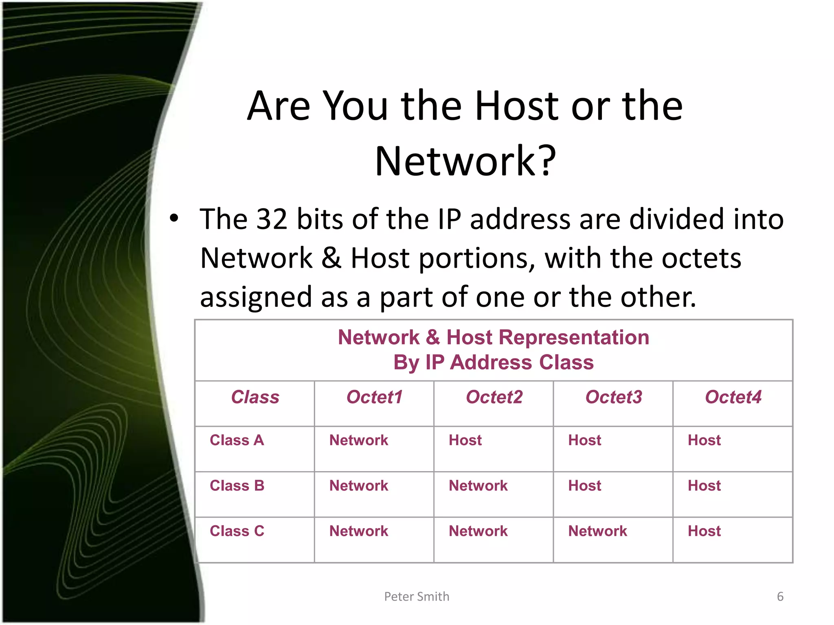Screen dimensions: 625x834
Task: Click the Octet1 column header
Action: [374, 397]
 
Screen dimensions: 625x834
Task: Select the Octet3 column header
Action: [613, 397]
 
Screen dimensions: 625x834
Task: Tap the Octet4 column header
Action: [733, 397]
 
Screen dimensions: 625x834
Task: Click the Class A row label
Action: [237, 440]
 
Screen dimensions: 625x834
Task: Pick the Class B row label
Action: [237, 486]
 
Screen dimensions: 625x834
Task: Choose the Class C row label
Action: [237, 531]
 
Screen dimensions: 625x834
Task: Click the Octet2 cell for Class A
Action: [465, 440]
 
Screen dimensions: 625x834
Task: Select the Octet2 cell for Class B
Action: [478, 486]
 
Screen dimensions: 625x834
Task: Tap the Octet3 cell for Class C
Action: [597, 531]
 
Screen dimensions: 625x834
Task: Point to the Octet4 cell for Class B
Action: [704, 486]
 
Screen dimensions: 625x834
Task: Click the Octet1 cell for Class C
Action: [359, 531]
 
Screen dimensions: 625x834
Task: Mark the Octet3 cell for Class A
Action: [584, 440]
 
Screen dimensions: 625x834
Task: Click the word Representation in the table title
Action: [574, 338]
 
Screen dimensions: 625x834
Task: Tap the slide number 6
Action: [780, 597]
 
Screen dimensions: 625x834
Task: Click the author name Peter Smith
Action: [417, 597]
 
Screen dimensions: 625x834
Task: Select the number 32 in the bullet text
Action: [272, 219]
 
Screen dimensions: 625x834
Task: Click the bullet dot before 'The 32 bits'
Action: [174, 218]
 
